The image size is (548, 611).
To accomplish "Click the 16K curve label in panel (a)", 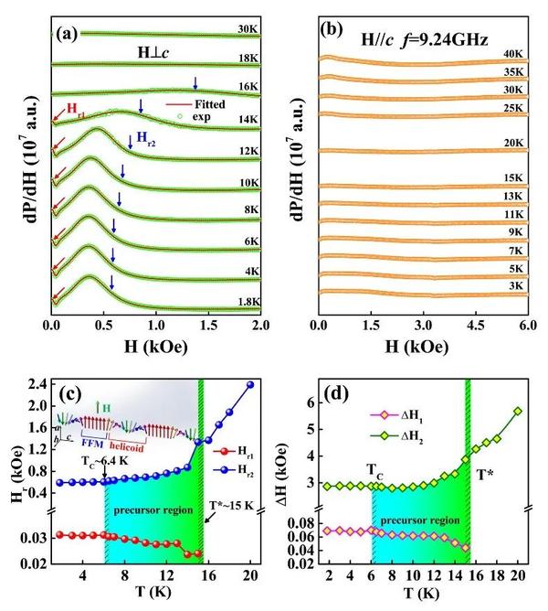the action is (248, 86).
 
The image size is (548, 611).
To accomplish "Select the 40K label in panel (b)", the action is (513, 54).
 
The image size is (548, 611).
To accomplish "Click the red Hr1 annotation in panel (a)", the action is (76, 109).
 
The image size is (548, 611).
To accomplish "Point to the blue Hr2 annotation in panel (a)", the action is (146, 138).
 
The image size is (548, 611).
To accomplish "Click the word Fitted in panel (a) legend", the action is (210, 104).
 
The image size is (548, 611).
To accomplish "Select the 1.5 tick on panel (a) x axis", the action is (208, 325).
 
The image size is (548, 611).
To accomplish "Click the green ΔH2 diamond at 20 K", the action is (518, 411).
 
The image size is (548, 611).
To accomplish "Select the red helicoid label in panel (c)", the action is (127, 445).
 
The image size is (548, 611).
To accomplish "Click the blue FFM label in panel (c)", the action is (92, 444).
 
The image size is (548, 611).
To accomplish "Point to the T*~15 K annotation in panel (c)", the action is (231, 506).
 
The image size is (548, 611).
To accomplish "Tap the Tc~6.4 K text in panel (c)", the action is (105, 461).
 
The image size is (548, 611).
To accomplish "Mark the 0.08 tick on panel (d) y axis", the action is (300, 523).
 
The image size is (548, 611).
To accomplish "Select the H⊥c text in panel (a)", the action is (153, 53).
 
